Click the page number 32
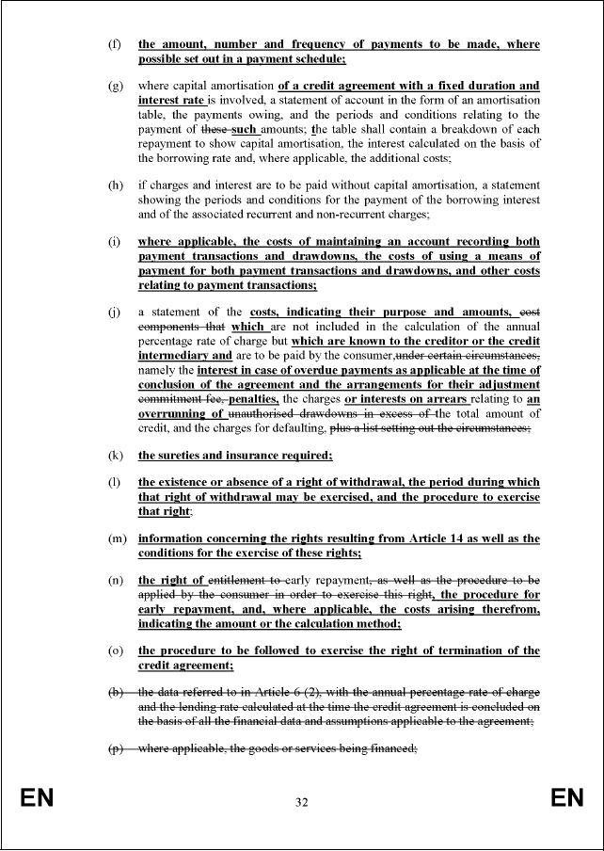coord(301,803)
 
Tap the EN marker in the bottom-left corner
coord(37,800)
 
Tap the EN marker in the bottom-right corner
coord(567,800)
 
